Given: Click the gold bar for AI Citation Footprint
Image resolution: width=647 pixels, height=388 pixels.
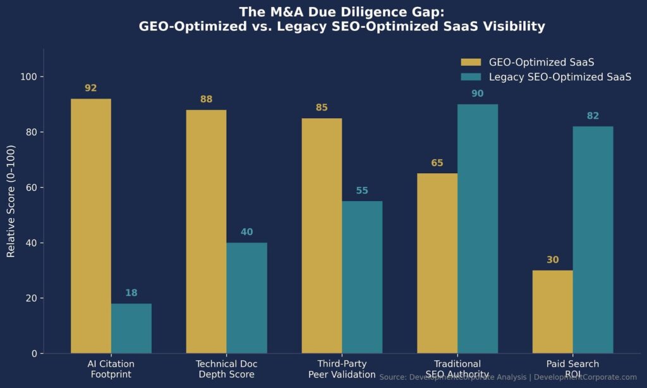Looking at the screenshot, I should click(91, 226).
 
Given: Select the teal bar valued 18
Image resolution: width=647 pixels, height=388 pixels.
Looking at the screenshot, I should click(131, 328).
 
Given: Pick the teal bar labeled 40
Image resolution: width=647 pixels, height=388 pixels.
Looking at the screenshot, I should click(246, 298).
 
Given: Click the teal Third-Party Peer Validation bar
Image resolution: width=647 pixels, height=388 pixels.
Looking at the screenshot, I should click(362, 277).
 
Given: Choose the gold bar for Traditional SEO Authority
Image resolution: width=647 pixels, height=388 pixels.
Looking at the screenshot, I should click(437, 263).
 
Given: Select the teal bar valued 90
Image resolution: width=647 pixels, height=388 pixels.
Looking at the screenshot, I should click(478, 228).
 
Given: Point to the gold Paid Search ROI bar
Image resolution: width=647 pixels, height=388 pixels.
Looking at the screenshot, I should click(552, 312).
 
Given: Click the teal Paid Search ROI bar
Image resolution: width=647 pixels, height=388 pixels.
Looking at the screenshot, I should click(593, 239).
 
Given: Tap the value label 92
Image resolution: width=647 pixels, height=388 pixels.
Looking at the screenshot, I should click(91, 88).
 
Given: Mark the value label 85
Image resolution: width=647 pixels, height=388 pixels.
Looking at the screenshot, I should click(322, 108).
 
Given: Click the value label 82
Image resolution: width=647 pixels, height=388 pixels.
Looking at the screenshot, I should click(593, 116).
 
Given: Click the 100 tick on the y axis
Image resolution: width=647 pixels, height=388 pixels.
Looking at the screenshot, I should click(28, 77).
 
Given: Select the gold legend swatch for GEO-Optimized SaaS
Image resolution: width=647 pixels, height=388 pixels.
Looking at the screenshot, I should click(471, 62).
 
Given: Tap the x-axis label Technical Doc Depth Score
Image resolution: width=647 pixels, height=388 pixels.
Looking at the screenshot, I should click(227, 369).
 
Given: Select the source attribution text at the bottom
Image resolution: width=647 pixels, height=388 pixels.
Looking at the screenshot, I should click(508, 377).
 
